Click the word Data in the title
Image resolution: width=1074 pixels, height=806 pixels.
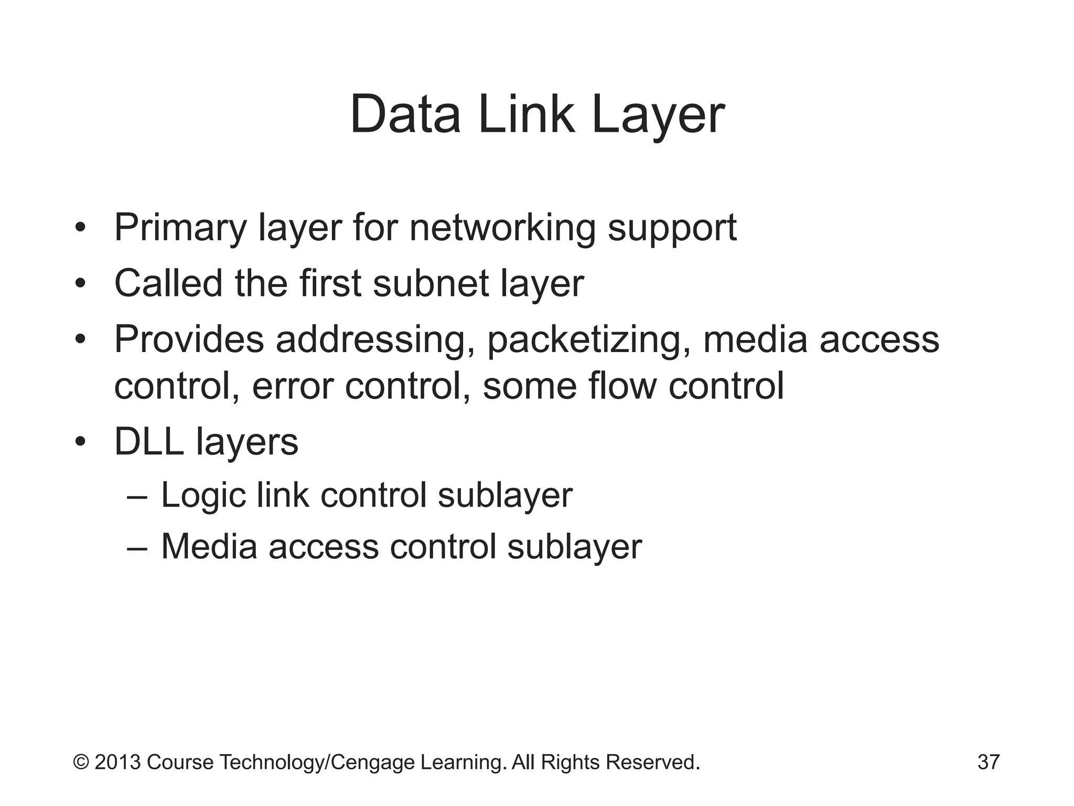[405, 114]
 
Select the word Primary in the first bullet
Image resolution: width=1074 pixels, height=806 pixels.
[180, 228]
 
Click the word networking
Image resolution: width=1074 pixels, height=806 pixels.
[502, 228]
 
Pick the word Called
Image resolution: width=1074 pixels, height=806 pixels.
[168, 283]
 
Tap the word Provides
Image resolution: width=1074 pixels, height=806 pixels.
[189, 340]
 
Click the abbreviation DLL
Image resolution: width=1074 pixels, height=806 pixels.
[149, 442]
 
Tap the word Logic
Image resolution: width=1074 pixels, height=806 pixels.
[203, 496]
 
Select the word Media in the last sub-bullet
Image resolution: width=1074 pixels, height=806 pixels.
[209, 546]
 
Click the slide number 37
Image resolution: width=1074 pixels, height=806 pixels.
[989, 762]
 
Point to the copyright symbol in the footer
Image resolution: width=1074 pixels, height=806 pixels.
[81, 762]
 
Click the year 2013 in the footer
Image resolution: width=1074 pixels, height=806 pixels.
[117, 762]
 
